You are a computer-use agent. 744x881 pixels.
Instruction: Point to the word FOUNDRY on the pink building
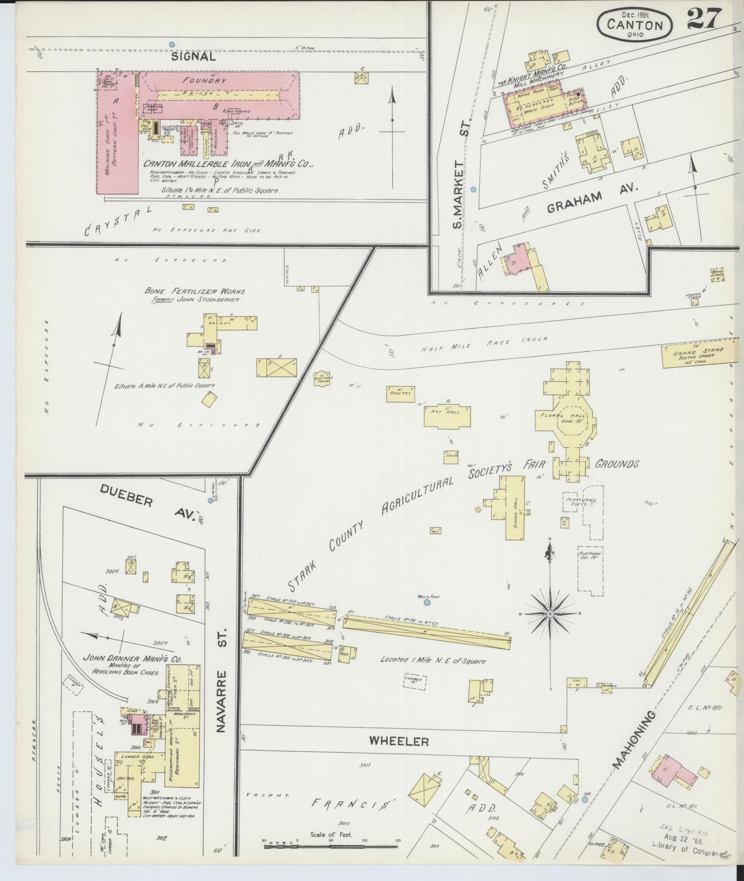pos(212,81)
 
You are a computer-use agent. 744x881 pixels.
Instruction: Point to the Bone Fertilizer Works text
pos(195,291)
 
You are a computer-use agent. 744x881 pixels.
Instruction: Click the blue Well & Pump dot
pos(427,602)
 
